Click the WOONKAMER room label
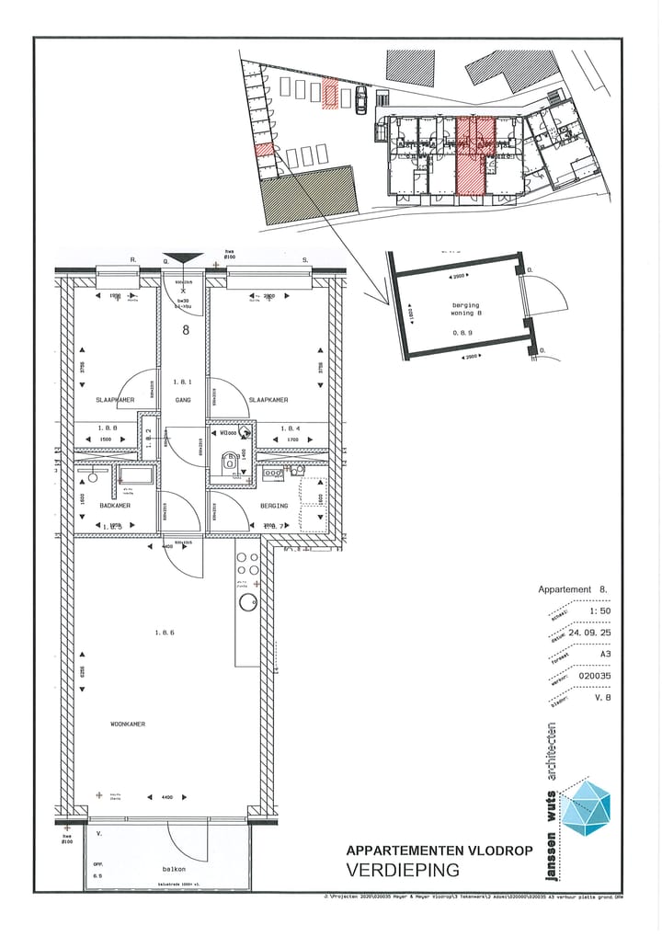coord(128,724)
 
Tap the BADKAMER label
coord(115,506)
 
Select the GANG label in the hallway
coord(182,400)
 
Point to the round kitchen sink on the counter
coord(246,603)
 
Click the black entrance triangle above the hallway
coord(182,259)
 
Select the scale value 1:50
coord(599,611)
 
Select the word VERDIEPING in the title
coord(402,870)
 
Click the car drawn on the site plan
coord(361,99)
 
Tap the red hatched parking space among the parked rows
coord(330,94)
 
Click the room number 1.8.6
coord(165,633)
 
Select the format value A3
coord(602,654)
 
